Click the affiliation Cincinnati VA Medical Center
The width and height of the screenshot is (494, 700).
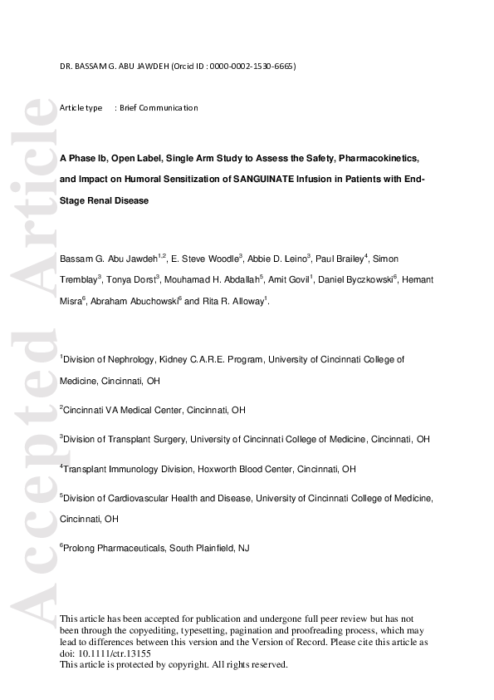point(124,410)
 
